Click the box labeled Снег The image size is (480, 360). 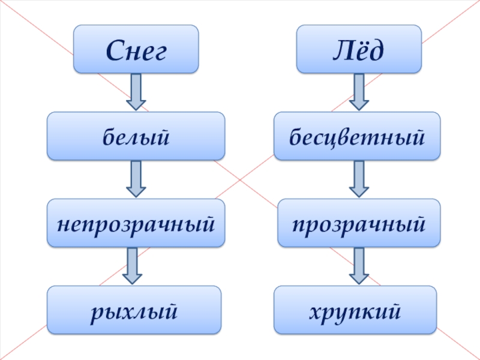click(x=136, y=49)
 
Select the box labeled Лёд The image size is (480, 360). click(x=359, y=49)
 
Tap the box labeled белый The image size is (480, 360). click(x=136, y=136)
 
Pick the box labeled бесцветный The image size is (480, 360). click(x=358, y=136)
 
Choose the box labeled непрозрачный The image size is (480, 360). click(x=136, y=223)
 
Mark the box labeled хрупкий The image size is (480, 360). click(x=355, y=310)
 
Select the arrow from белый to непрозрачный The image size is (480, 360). click(x=136, y=178)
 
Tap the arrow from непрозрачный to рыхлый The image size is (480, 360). click(x=132, y=265)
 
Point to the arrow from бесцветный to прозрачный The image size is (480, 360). click(x=359, y=178)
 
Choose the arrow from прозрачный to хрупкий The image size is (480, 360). click(x=359, y=265)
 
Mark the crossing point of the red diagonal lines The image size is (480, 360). click(x=241, y=180)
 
